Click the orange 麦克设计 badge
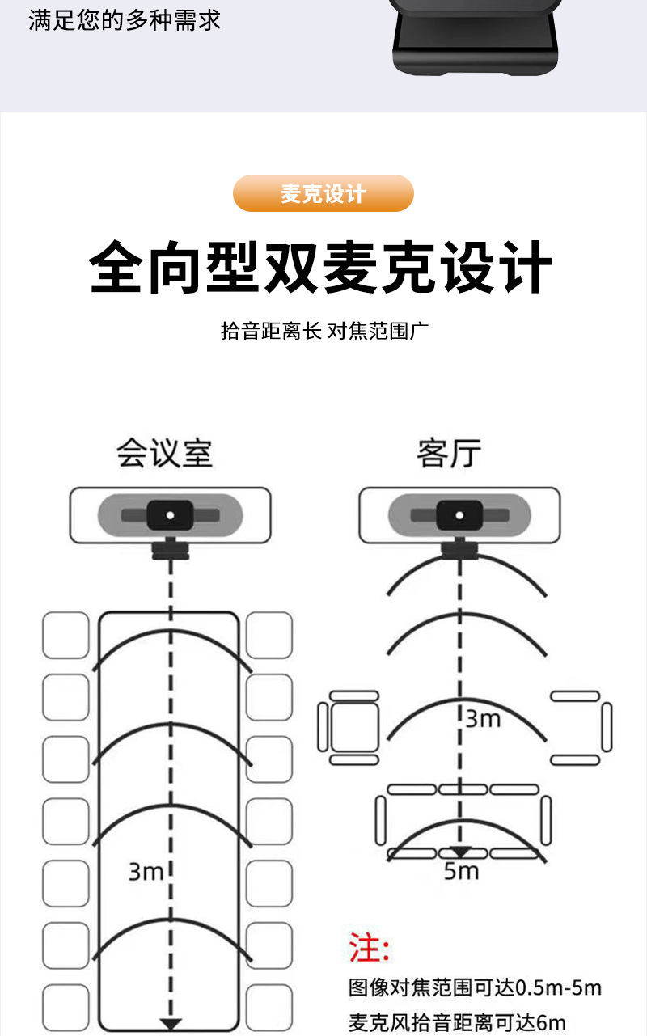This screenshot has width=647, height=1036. pyautogui.click(x=323, y=194)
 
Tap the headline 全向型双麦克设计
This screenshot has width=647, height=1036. pyautogui.click(x=321, y=266)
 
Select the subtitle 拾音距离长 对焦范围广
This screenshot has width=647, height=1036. pyautogui.click(x=323, y=331)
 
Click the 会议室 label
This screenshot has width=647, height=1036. pyautogui.click(x=165, y=453)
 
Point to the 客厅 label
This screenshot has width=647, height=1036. pyautogui.click(x=450, y=453)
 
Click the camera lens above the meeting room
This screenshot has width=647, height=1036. pyautogui.click(x=170, y=514)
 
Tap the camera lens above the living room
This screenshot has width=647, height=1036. pyautogui.click(x=459, y=514)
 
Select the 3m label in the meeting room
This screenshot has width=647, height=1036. pyautogui.click(x=146, y=871)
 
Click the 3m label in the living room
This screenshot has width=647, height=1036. pyautogui.click(x=484, y=718)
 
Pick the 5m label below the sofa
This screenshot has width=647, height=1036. pyautogui.click(x=461, y=871)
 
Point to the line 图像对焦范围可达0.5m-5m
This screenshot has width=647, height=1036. pyautogui.click(x=475, y=987)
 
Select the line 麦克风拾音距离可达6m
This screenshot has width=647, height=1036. pyautogui.click(x=457, y=1021)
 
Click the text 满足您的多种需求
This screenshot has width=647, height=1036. pyautogui.click(x=125, y=19)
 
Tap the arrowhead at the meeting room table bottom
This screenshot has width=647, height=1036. pyautogui.click(x=171, y=1023)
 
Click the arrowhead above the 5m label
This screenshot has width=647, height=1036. pyautogui.click(x=460, y=852)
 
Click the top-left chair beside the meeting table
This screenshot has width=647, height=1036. pyautogui.click(x=66, y=635)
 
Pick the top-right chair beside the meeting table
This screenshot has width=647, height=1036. pyautogui.click(x=269, y=635)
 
